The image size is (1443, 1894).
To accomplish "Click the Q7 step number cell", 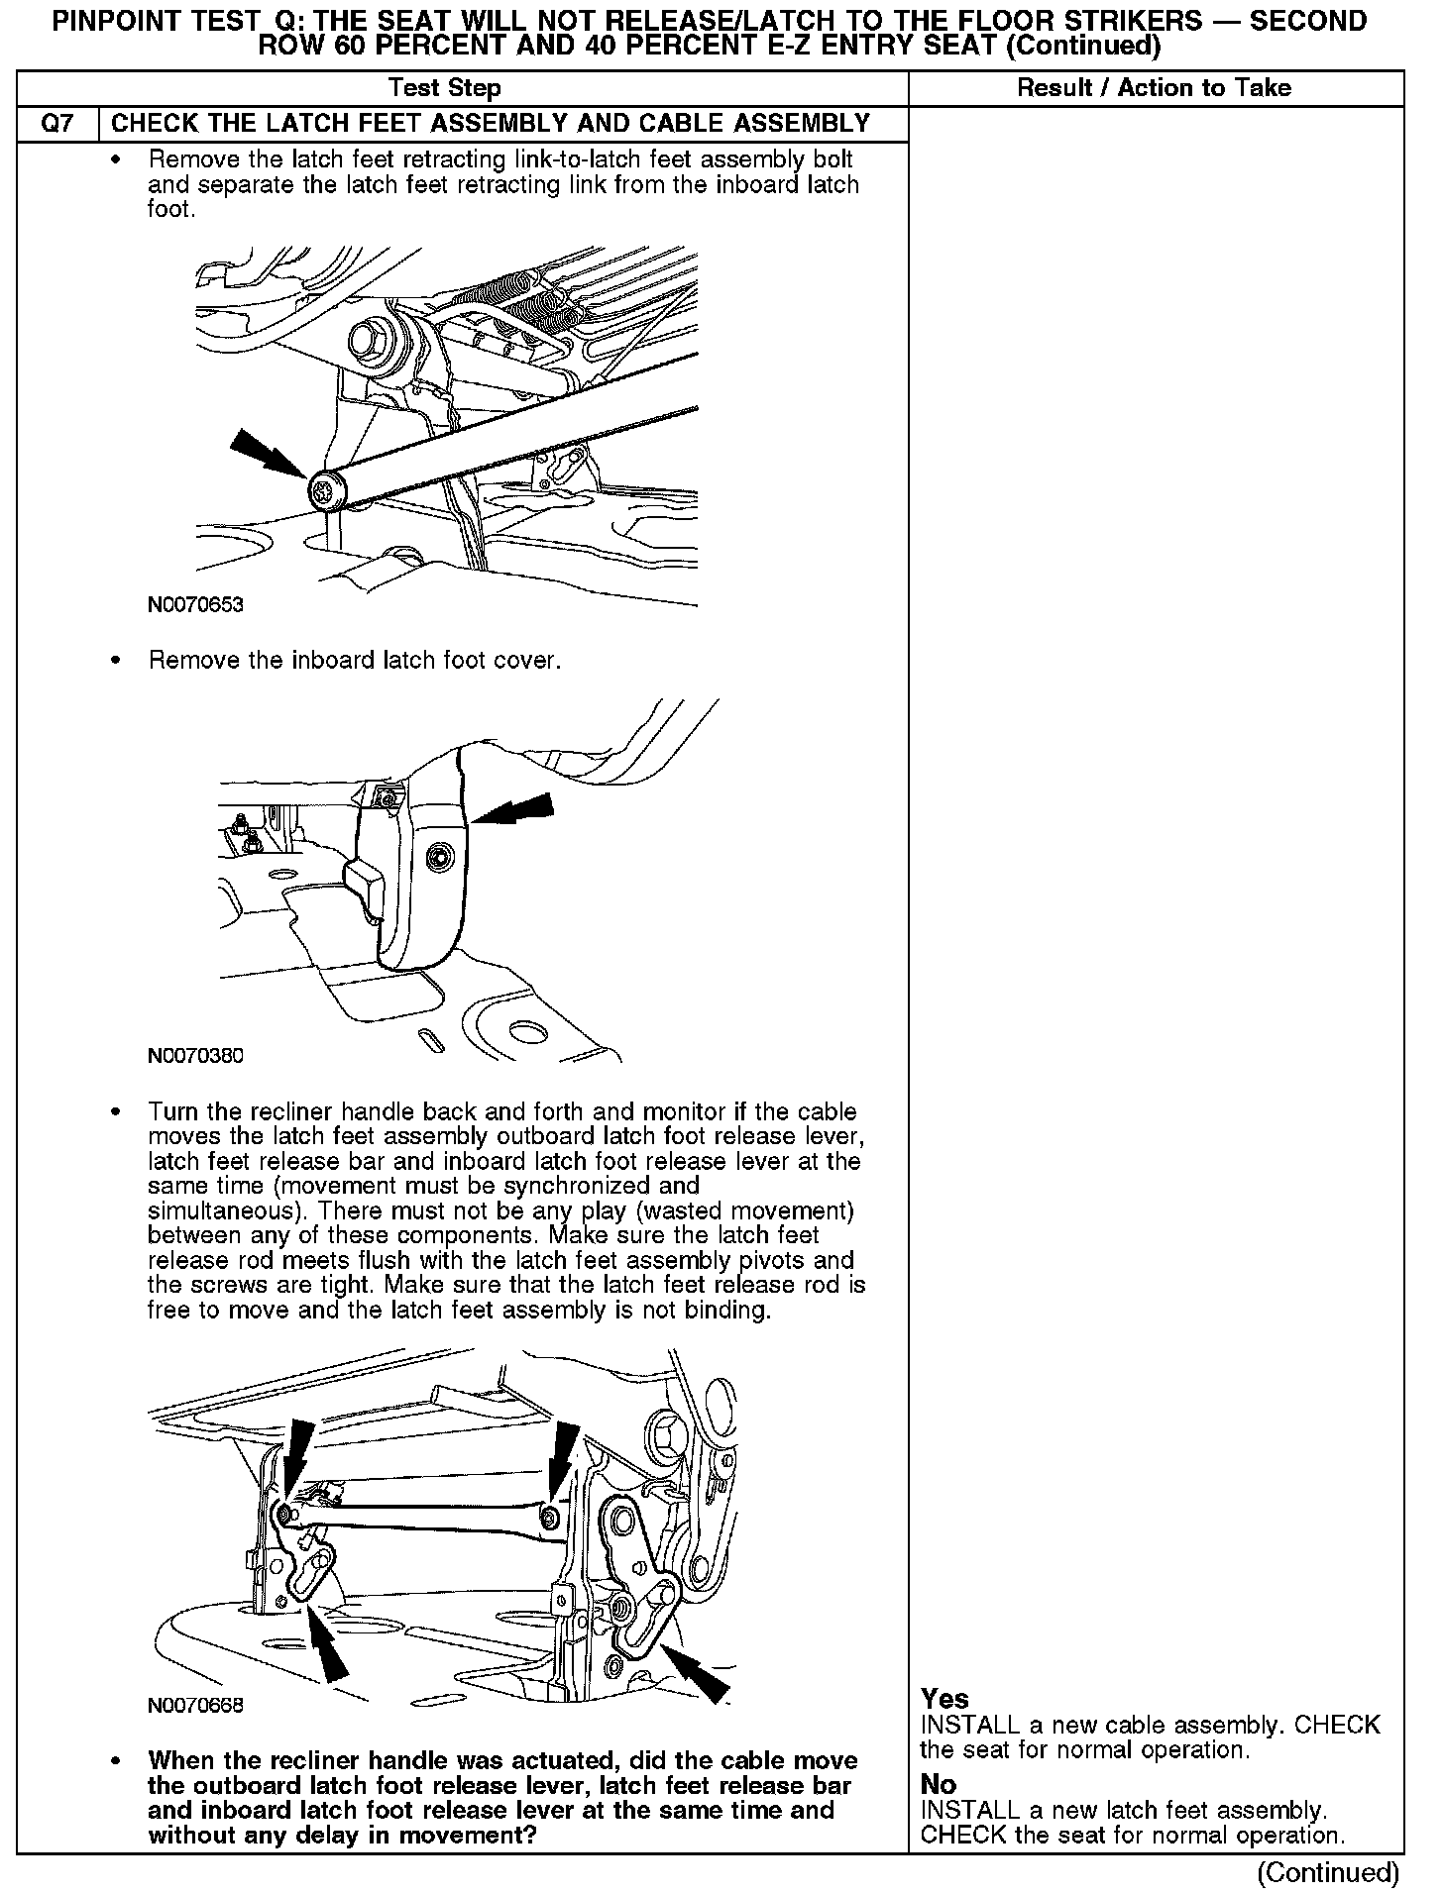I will tap(57, 124).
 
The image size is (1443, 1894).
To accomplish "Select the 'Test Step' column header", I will tap(445, 88).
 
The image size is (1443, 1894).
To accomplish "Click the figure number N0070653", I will tap(196, 604).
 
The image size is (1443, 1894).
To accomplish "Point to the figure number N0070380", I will tap(196, 1056).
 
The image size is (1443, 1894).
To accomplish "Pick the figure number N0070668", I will tap(196, 1705).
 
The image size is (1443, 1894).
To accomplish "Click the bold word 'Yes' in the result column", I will tap(944, 1699).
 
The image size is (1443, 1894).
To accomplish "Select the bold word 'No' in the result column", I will tap(939, 1784).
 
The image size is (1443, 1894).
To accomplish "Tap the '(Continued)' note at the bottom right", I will tap(1327, 1872).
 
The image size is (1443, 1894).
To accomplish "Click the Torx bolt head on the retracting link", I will tap(324, 490).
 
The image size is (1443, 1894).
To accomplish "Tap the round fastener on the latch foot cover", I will tap(436, 856).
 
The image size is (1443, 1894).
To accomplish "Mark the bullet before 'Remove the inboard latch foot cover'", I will tap(117, 661).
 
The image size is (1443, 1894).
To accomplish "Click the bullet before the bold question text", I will tap(117, 1762).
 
